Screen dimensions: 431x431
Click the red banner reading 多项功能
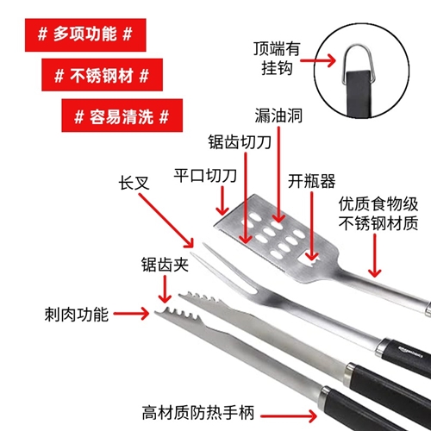85,35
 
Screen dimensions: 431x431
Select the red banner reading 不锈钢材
102,75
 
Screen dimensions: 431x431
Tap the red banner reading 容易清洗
122,116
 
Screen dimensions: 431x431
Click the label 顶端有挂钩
277,59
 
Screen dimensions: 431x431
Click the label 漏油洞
278,116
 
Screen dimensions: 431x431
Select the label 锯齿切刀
240,141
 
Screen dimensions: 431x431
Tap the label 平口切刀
205,175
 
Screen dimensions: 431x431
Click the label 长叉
134,183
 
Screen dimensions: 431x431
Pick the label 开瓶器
311,181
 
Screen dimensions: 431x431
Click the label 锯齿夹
165,265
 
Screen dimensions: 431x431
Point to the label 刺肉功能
77,315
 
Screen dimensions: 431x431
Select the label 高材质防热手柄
198,413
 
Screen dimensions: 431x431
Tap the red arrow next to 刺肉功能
131,314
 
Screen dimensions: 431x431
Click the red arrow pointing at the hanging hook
318,60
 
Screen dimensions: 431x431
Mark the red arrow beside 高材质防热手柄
289,415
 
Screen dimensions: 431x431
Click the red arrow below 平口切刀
222,201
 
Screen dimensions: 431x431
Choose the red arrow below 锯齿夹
165,289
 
